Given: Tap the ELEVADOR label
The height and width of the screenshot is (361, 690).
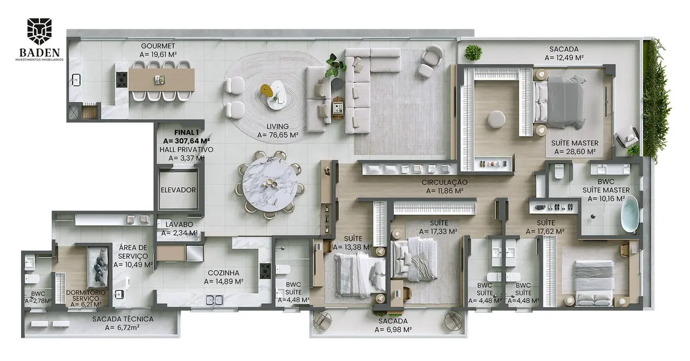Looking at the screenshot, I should (178, 190).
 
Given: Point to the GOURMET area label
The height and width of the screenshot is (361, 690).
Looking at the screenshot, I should (158, 46).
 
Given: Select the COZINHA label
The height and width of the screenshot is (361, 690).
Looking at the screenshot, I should (224, 273).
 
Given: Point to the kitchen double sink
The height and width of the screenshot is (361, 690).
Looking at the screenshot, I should (214, 300).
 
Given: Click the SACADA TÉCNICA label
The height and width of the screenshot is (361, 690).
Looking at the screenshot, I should (123, 319).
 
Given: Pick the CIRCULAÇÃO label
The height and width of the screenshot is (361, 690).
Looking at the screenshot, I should (444, 182).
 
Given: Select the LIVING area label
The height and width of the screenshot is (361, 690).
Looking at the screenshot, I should (278, 127).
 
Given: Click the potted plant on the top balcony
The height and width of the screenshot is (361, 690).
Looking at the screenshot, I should (474, 53).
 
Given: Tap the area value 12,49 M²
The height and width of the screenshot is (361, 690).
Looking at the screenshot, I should (564, 57).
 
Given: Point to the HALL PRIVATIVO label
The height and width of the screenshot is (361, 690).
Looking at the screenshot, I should (186, 149).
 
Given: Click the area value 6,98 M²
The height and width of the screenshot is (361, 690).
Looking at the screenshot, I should (393, 329).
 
